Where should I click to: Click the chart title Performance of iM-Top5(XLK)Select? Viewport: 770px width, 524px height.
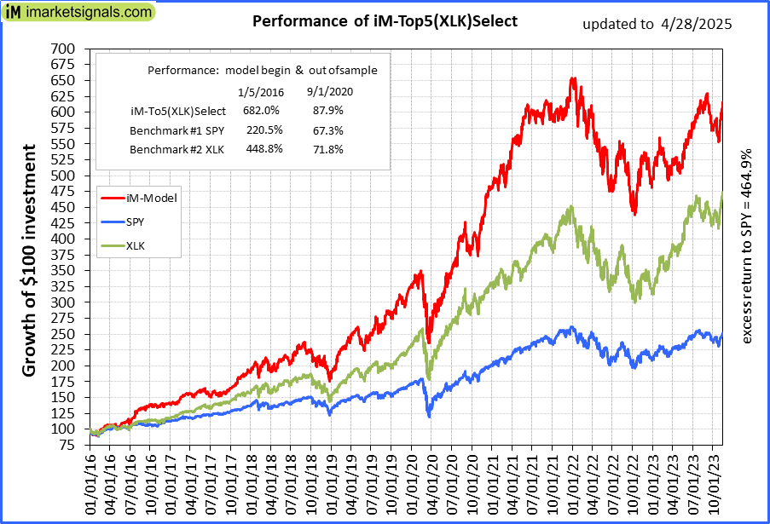point(385,20)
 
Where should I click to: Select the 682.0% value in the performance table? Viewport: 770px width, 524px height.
point(262,110)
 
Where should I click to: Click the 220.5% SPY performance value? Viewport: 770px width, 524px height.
point(262,130)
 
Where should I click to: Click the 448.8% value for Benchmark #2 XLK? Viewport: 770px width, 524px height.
point(262,150)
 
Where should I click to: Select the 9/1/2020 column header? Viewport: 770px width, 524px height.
point(328,90)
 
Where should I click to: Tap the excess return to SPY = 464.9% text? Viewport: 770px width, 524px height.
point(747,247)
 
